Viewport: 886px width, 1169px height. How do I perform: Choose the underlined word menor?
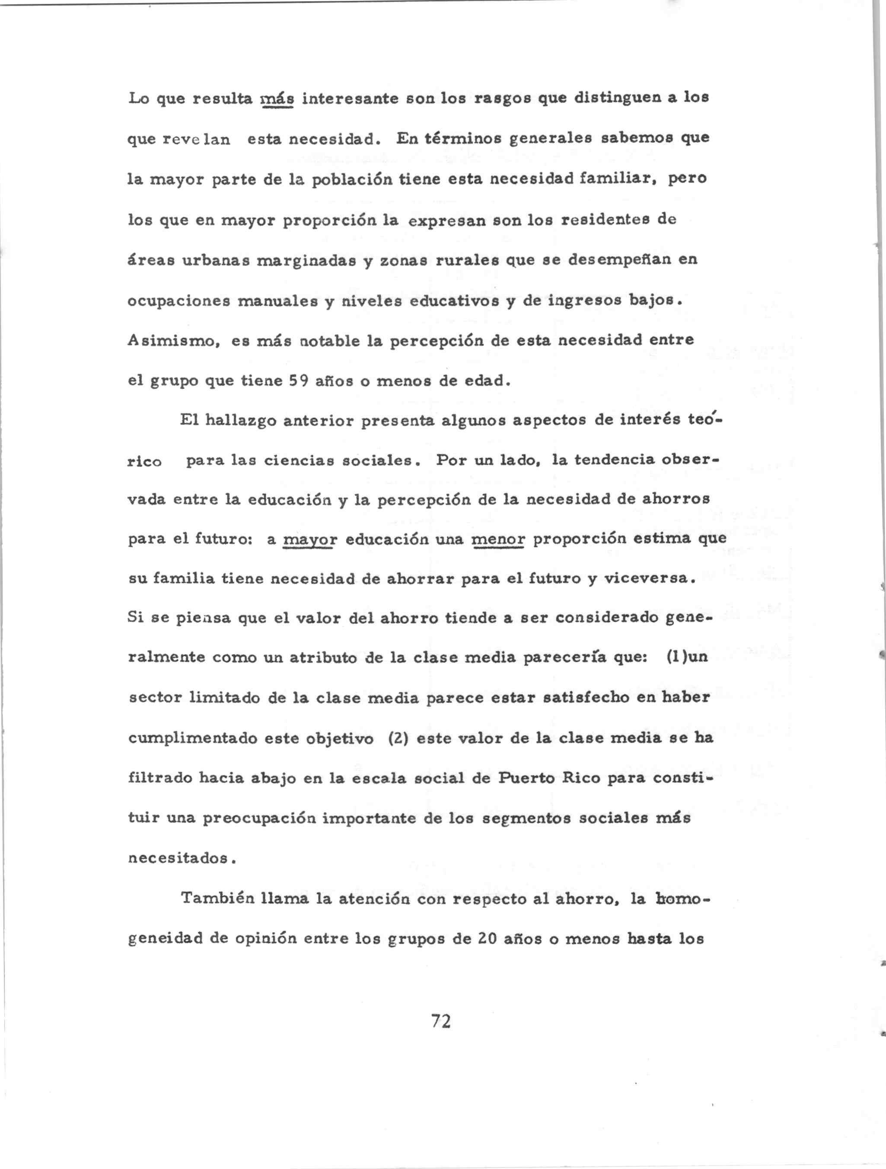coord(498,540)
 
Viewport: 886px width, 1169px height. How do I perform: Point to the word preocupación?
coord(259,818)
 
